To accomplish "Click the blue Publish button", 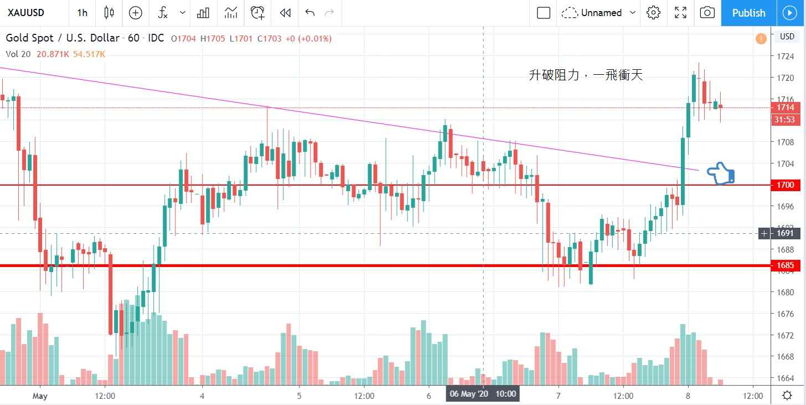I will click(x=748, y=13).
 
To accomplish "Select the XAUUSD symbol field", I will click(x=27, y=13).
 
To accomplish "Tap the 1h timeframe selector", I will click(x=82, y=13).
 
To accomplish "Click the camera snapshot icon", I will click(x=707, y=13).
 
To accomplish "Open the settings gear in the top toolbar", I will click(x=654, y=13).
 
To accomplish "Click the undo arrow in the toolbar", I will click(x=309, y=13).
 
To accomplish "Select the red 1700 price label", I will click(x=786, y=185).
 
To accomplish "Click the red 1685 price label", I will click(x=786, y=265).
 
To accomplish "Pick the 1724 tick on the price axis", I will click(x=786, y=57).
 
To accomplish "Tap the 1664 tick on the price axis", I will click(x=786, y=378).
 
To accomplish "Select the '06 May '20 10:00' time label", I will click(x=483, y=394).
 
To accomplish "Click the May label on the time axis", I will click(x=40, y=396).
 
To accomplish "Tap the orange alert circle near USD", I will click(x=761, y=39).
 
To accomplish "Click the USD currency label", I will click(x=787, y=37).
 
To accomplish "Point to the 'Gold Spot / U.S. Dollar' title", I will click(x=62, y=38).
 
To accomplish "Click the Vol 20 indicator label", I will click(x=18, y=54).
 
